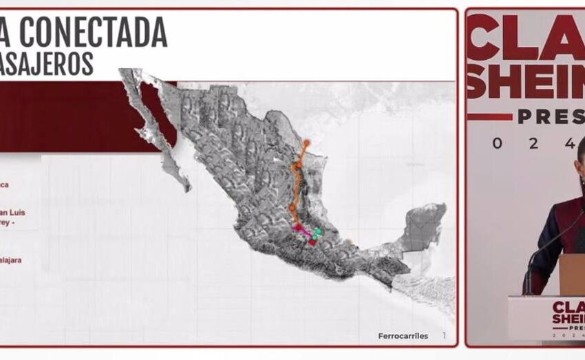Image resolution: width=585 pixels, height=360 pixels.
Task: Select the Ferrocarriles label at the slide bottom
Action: coord(403,336)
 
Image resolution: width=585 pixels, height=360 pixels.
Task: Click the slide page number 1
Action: coord(444,335)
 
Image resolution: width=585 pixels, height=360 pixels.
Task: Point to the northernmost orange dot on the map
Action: coord(306,142)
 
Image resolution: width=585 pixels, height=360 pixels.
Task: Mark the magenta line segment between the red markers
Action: coord(304,233)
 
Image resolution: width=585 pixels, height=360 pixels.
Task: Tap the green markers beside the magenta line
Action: coord(316,233)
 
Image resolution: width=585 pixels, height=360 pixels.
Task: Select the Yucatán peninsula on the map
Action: coord(419,228)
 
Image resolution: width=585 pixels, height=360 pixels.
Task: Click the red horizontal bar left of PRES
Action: coord(489,118)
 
